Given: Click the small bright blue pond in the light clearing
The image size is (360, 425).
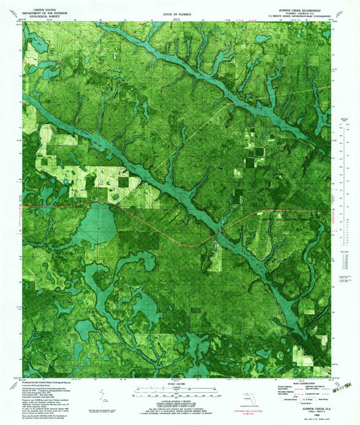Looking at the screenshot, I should (114, 197).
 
